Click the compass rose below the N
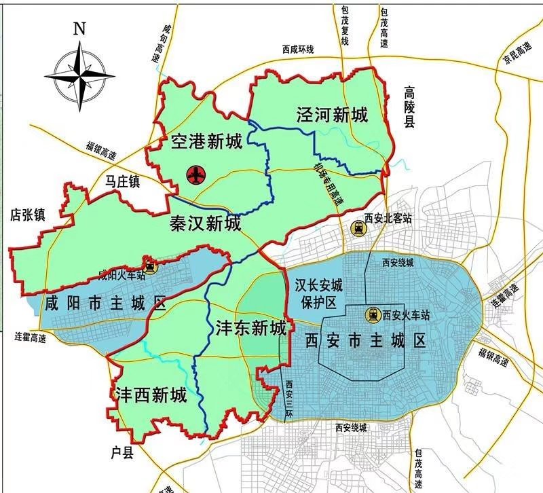click(80, 75)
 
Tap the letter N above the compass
click(80, 29)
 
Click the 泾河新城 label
click(332, 115)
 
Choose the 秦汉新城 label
click(206, 223)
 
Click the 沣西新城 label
click(151, 395)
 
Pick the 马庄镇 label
click(123, 181)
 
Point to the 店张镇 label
click(28, 215)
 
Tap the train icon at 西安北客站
click(357, 228)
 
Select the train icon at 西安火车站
click(373, 315)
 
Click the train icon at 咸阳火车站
click(150, 266)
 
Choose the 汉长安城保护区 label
click(314, 293)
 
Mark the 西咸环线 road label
click(299, 50)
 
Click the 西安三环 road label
click(288, 399)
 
